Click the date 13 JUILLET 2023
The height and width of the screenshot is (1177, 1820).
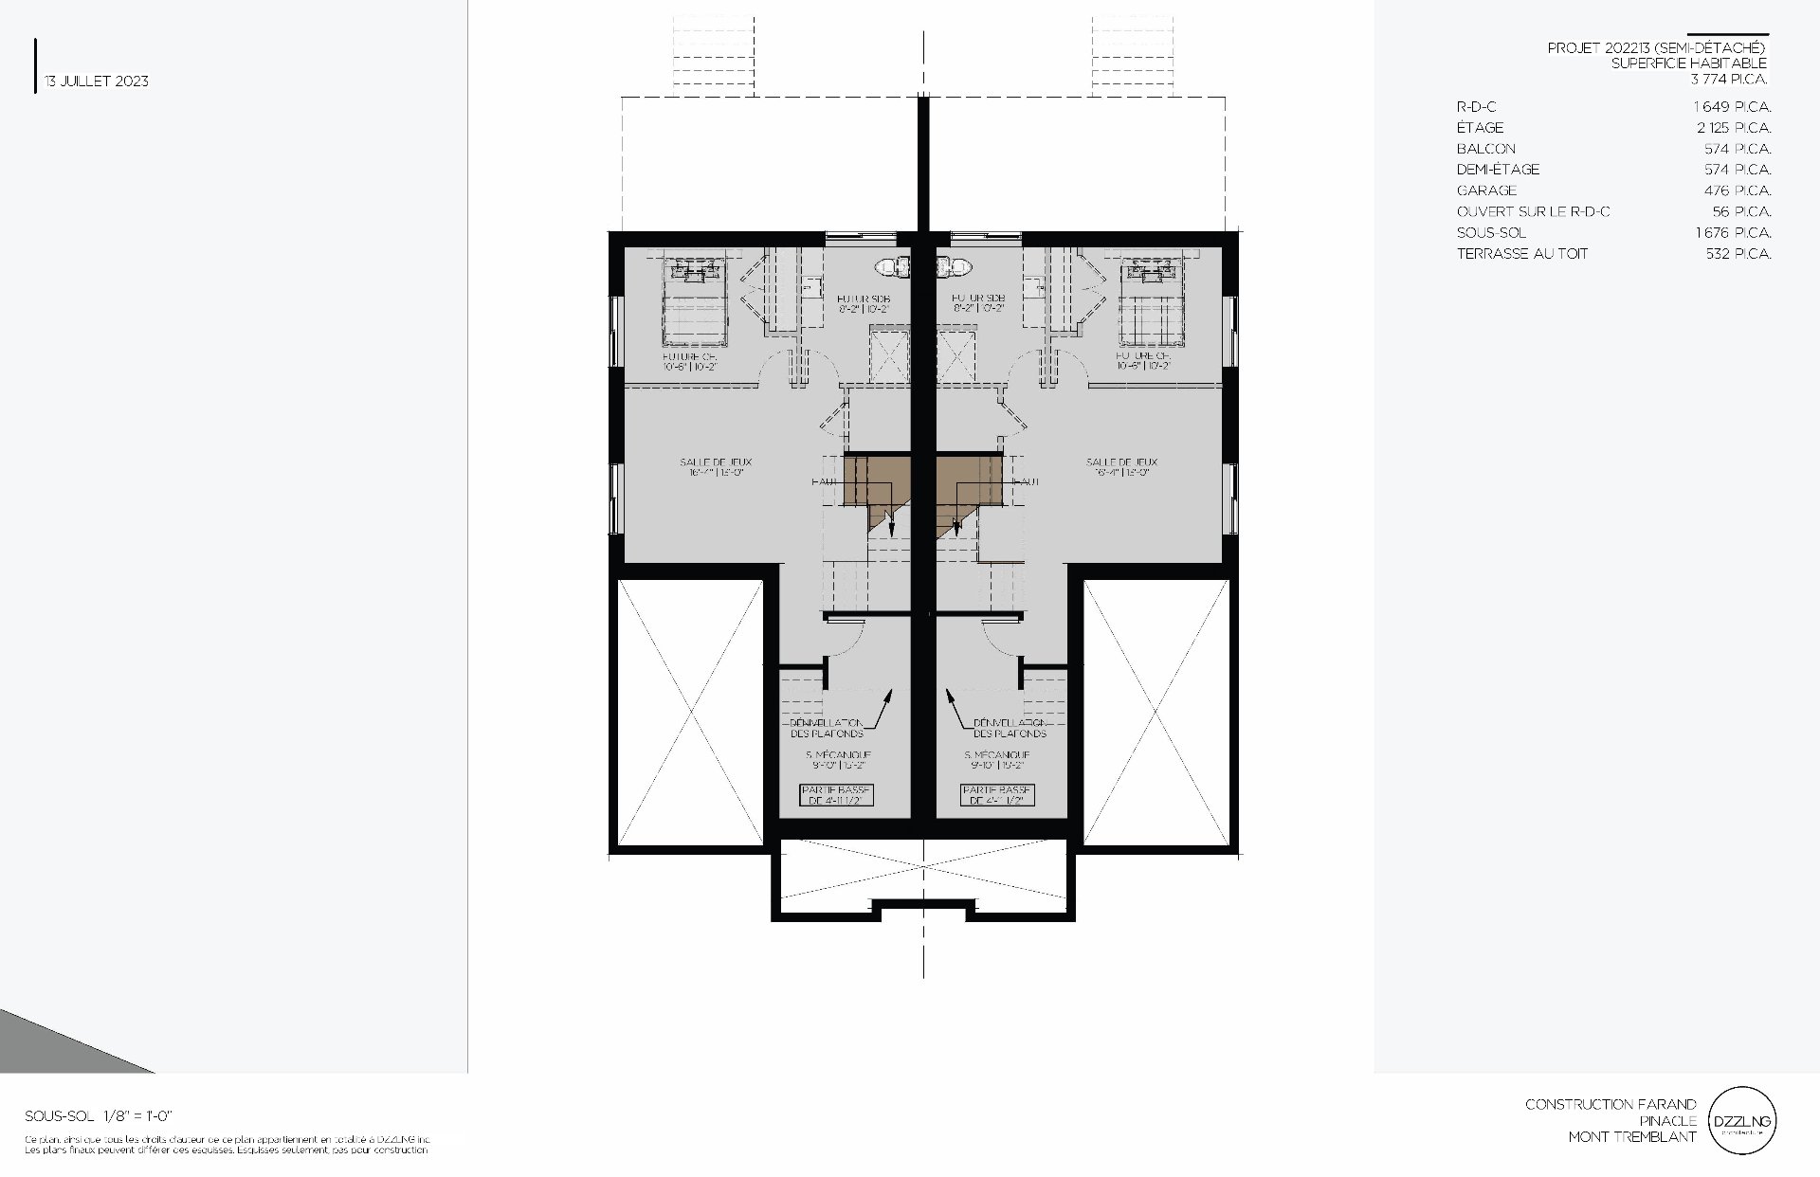[x=97, y=81]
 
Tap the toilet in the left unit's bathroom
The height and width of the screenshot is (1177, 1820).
[x=892, y=268]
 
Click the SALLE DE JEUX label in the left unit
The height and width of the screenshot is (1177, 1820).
[x=716, y=467]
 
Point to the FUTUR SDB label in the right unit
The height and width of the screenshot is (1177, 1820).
[x=979, y=303]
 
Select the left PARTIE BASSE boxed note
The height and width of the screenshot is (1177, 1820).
[x=836, y=795]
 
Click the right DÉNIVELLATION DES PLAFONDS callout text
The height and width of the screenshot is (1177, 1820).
[x=1010, y=728]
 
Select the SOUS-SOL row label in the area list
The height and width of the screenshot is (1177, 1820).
[x=1491, y=232]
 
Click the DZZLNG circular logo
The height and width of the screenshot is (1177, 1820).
[x=1741, y=1121]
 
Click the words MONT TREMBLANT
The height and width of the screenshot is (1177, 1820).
[x=1631, y=1137]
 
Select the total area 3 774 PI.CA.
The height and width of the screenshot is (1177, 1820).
[x=1729, y=80]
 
